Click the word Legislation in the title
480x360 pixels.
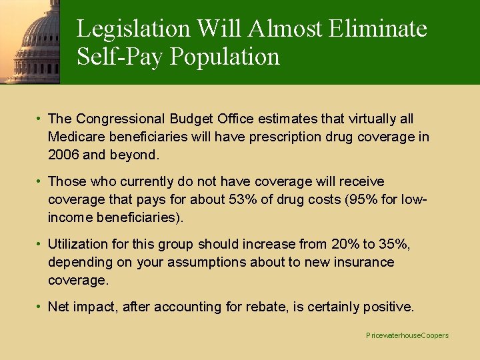click(133, 29)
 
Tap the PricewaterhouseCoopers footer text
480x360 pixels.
click(407, 335)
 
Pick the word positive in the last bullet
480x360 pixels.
click(388, 307)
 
